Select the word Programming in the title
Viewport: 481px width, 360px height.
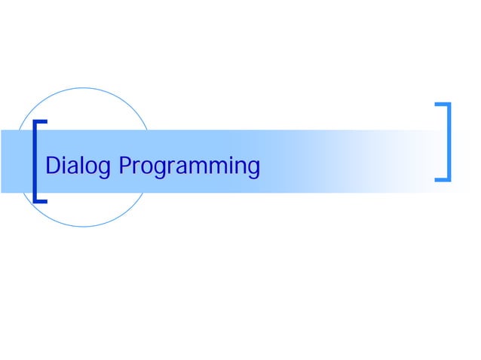click(x=189, y=165)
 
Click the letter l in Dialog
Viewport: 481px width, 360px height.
click(x=81, y=163)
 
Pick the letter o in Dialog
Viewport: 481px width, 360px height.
click(x=90, y=166)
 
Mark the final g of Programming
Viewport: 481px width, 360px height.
click(x=253, y=169)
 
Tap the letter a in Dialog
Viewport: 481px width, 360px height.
click(x=73, y=166)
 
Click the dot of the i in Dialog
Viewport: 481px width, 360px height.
click(x=66, y=156)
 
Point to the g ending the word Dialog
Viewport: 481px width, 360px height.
click(x=103, y=169)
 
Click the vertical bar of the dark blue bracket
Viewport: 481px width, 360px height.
click(x=35, y=161)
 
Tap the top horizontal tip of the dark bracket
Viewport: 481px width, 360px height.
click(x=41, y=121)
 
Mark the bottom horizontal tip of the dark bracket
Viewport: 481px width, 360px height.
click(x=41, y=201)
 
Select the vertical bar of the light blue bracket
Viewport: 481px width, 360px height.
click(x=450, y=141)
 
